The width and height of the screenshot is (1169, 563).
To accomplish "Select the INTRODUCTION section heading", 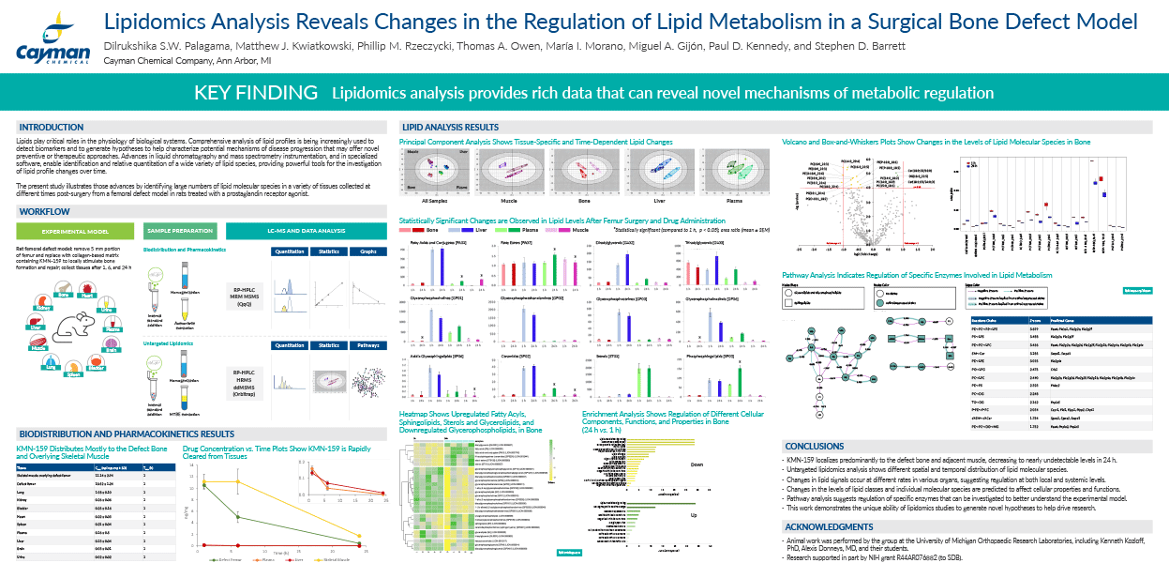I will pos(52,127).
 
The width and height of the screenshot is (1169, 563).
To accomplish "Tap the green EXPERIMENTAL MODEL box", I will pos(78,230).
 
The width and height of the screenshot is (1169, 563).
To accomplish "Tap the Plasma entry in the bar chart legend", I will pos(531,228).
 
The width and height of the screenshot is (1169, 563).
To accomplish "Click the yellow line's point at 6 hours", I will pos(238,481).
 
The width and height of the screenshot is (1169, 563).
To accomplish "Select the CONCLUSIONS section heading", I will pos(815,446).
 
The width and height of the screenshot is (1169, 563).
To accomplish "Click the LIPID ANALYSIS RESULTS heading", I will pos(450,127).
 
